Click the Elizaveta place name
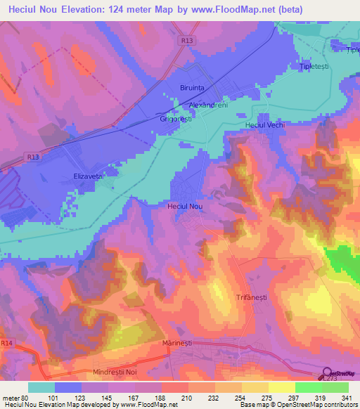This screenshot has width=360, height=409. (88, 176)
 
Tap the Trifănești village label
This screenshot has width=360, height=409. (253, 298)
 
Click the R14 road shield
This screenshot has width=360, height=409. (7, 343)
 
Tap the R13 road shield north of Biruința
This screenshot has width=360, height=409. (186, 41)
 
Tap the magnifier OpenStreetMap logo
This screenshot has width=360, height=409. (328, 372)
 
